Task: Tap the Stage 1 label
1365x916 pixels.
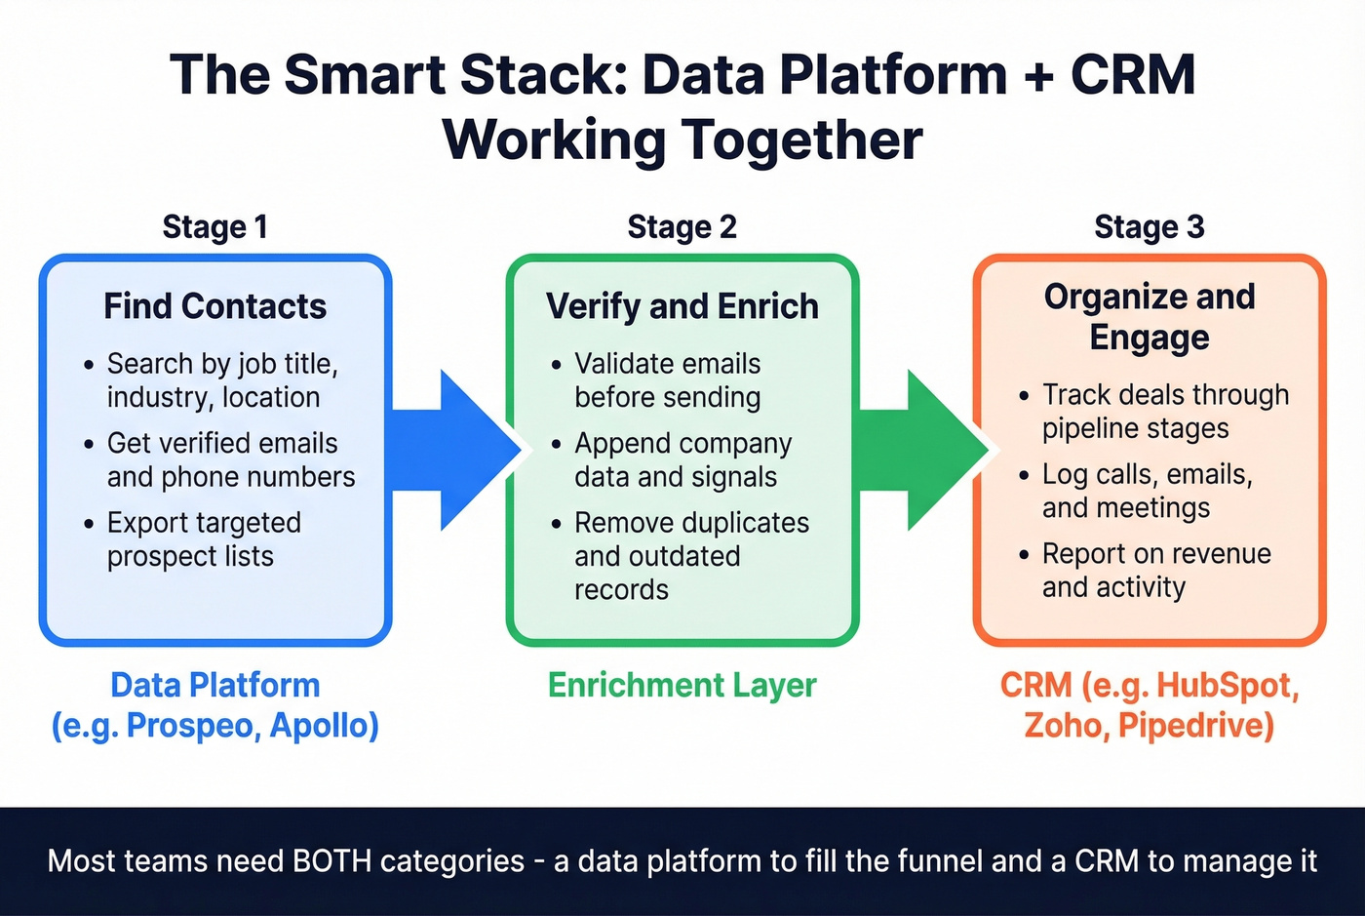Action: pos(214,227)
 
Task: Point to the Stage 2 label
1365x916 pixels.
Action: pos(682,227)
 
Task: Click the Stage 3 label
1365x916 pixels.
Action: pos(1150,227)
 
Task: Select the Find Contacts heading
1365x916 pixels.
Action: pos(214,306)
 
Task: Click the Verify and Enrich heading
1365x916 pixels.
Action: pos(682,306)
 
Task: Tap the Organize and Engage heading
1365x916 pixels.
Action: pos(1150,316)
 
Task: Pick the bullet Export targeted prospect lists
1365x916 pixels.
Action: pos(204,539)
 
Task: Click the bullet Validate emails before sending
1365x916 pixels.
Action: pos(668,380)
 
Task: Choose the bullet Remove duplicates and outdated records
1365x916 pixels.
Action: pos(690,556)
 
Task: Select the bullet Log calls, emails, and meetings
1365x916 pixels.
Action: pos(1147,491)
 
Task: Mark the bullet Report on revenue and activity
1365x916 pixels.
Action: pos(1155,571)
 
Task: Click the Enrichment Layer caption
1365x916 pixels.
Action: pos(682,686)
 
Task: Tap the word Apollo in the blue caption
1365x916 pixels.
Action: pos(324,726)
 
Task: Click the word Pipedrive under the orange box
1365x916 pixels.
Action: pos(1195,726)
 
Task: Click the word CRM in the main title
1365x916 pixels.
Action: pos(1133,75)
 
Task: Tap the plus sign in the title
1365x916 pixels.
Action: pos(1039,77)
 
